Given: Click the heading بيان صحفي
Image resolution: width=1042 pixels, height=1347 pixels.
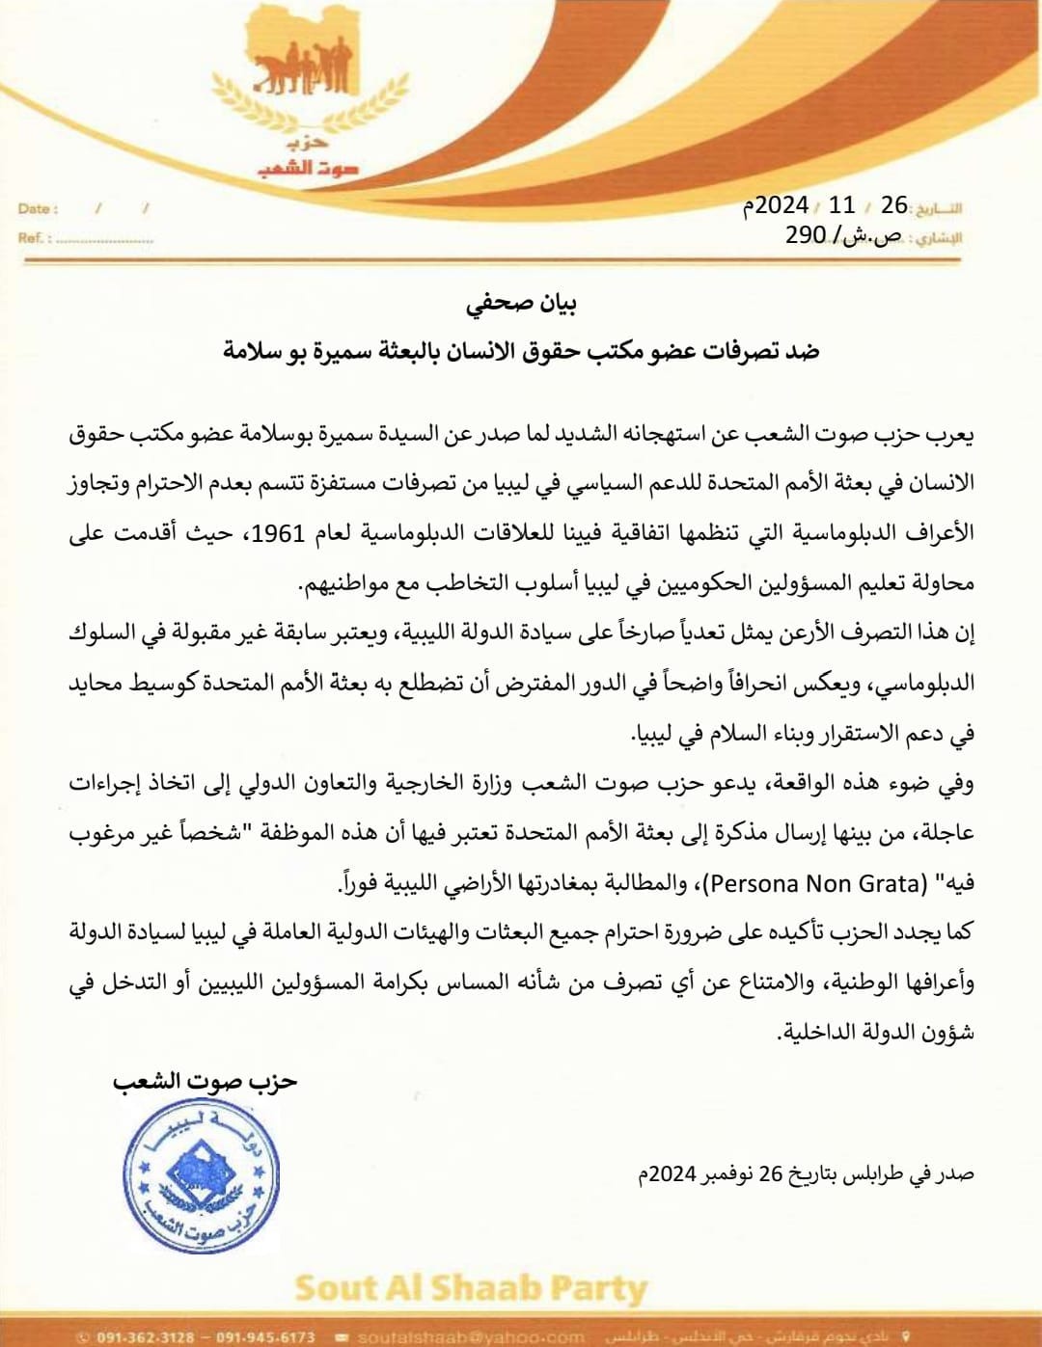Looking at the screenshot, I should tap(521, 304).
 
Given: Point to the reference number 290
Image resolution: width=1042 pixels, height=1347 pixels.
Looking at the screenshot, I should tap(806, 234).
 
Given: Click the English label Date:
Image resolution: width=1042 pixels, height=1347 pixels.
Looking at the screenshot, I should tap(38, 208).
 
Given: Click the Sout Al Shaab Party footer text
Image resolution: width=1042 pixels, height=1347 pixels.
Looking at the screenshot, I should tap(471, 1288).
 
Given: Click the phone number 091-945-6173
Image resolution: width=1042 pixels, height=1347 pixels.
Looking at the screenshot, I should tap(265, 1337).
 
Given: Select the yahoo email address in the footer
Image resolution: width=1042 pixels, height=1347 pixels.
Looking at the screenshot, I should tap(471, 1337).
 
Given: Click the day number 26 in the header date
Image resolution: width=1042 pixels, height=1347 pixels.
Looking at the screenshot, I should tap(894, 204).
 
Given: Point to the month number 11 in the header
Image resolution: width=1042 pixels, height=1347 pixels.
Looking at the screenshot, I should tap(841, 204).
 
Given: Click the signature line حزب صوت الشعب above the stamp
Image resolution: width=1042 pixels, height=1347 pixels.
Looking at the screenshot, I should tap(205, 1082).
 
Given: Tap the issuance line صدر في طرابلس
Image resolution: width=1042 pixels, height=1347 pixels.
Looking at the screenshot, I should tap(806, 1173).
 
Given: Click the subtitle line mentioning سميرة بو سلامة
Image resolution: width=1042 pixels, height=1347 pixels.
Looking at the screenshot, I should tap(521, 351).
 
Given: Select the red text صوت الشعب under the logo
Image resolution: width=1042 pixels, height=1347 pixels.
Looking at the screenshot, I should tap(308, 169).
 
